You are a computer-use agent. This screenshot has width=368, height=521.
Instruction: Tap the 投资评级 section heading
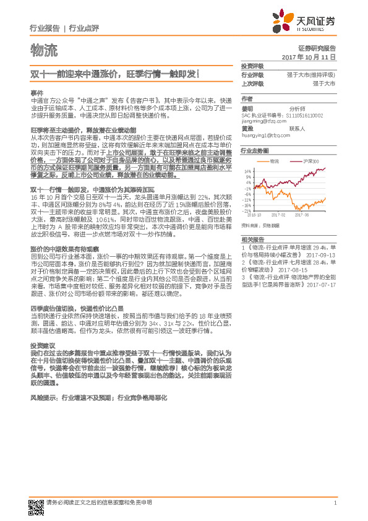[252, 66]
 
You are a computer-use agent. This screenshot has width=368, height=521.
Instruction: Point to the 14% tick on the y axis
[247, 171]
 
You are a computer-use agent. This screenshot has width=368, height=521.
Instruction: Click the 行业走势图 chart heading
[255, 150]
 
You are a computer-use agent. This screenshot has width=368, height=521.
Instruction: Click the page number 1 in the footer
[334, 503]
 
